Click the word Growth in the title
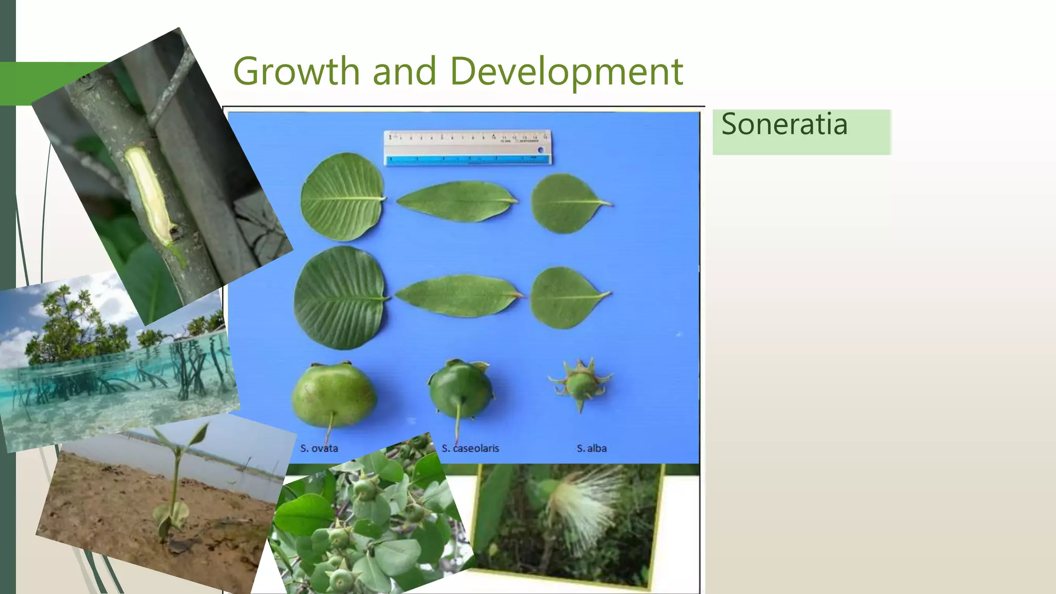tap(296, 71)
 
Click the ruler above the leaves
tap(468, 147)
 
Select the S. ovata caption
tap(319, 448)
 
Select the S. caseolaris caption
tap(470, 448)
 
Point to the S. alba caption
tap(591, 448)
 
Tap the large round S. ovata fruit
tap(334, 394)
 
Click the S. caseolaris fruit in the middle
tap(460, 390)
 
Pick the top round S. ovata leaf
tap(342, 197)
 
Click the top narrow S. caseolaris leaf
tap(456, 201)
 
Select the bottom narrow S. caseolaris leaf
tap(457, 295)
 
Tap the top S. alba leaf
tap(566, 203)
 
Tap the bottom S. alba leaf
tap(565, 298)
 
